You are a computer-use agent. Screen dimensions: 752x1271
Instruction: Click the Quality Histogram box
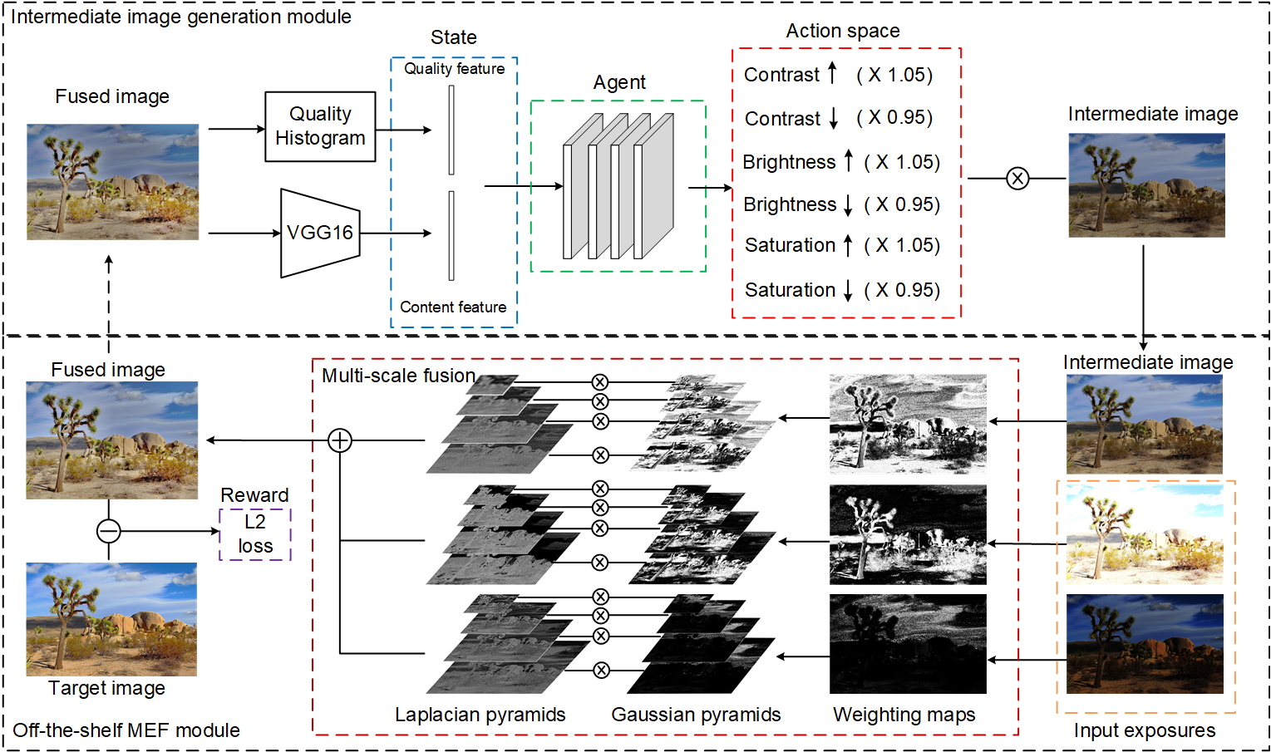(320, 126)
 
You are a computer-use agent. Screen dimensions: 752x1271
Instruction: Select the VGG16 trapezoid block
(320, 233)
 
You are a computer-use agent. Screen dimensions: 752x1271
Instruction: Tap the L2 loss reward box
(255, 534)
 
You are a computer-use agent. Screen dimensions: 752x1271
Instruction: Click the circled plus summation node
(339, 440)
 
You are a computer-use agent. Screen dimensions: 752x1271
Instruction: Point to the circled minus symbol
(109, 530)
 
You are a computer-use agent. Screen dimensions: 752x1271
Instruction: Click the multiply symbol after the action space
(1017, 179)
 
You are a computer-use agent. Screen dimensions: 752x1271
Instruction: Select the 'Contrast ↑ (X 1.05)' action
(838, 75)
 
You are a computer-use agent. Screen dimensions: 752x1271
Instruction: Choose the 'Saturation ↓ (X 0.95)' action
(842, 290)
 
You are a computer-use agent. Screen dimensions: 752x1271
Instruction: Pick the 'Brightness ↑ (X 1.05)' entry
(841, 162)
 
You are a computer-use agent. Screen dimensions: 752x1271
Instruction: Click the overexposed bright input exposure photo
(1145, 535)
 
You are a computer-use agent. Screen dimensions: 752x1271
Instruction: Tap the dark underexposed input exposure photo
(1145, 643)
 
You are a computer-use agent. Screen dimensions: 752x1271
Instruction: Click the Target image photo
(111, 619)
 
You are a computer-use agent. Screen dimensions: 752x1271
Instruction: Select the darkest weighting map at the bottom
(908, 643)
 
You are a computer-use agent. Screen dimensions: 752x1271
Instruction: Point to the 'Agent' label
(619, 82)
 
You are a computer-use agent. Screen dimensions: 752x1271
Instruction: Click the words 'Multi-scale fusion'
(398, 376)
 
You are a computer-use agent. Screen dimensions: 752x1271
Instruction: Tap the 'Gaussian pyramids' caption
(696, 715)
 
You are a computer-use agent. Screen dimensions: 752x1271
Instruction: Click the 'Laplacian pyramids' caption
(480, 715)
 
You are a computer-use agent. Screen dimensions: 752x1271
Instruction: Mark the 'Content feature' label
(453, 307)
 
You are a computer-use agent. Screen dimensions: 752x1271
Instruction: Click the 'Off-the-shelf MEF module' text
(126, 730)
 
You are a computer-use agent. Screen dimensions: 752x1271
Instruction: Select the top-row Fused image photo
(112, 182)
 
